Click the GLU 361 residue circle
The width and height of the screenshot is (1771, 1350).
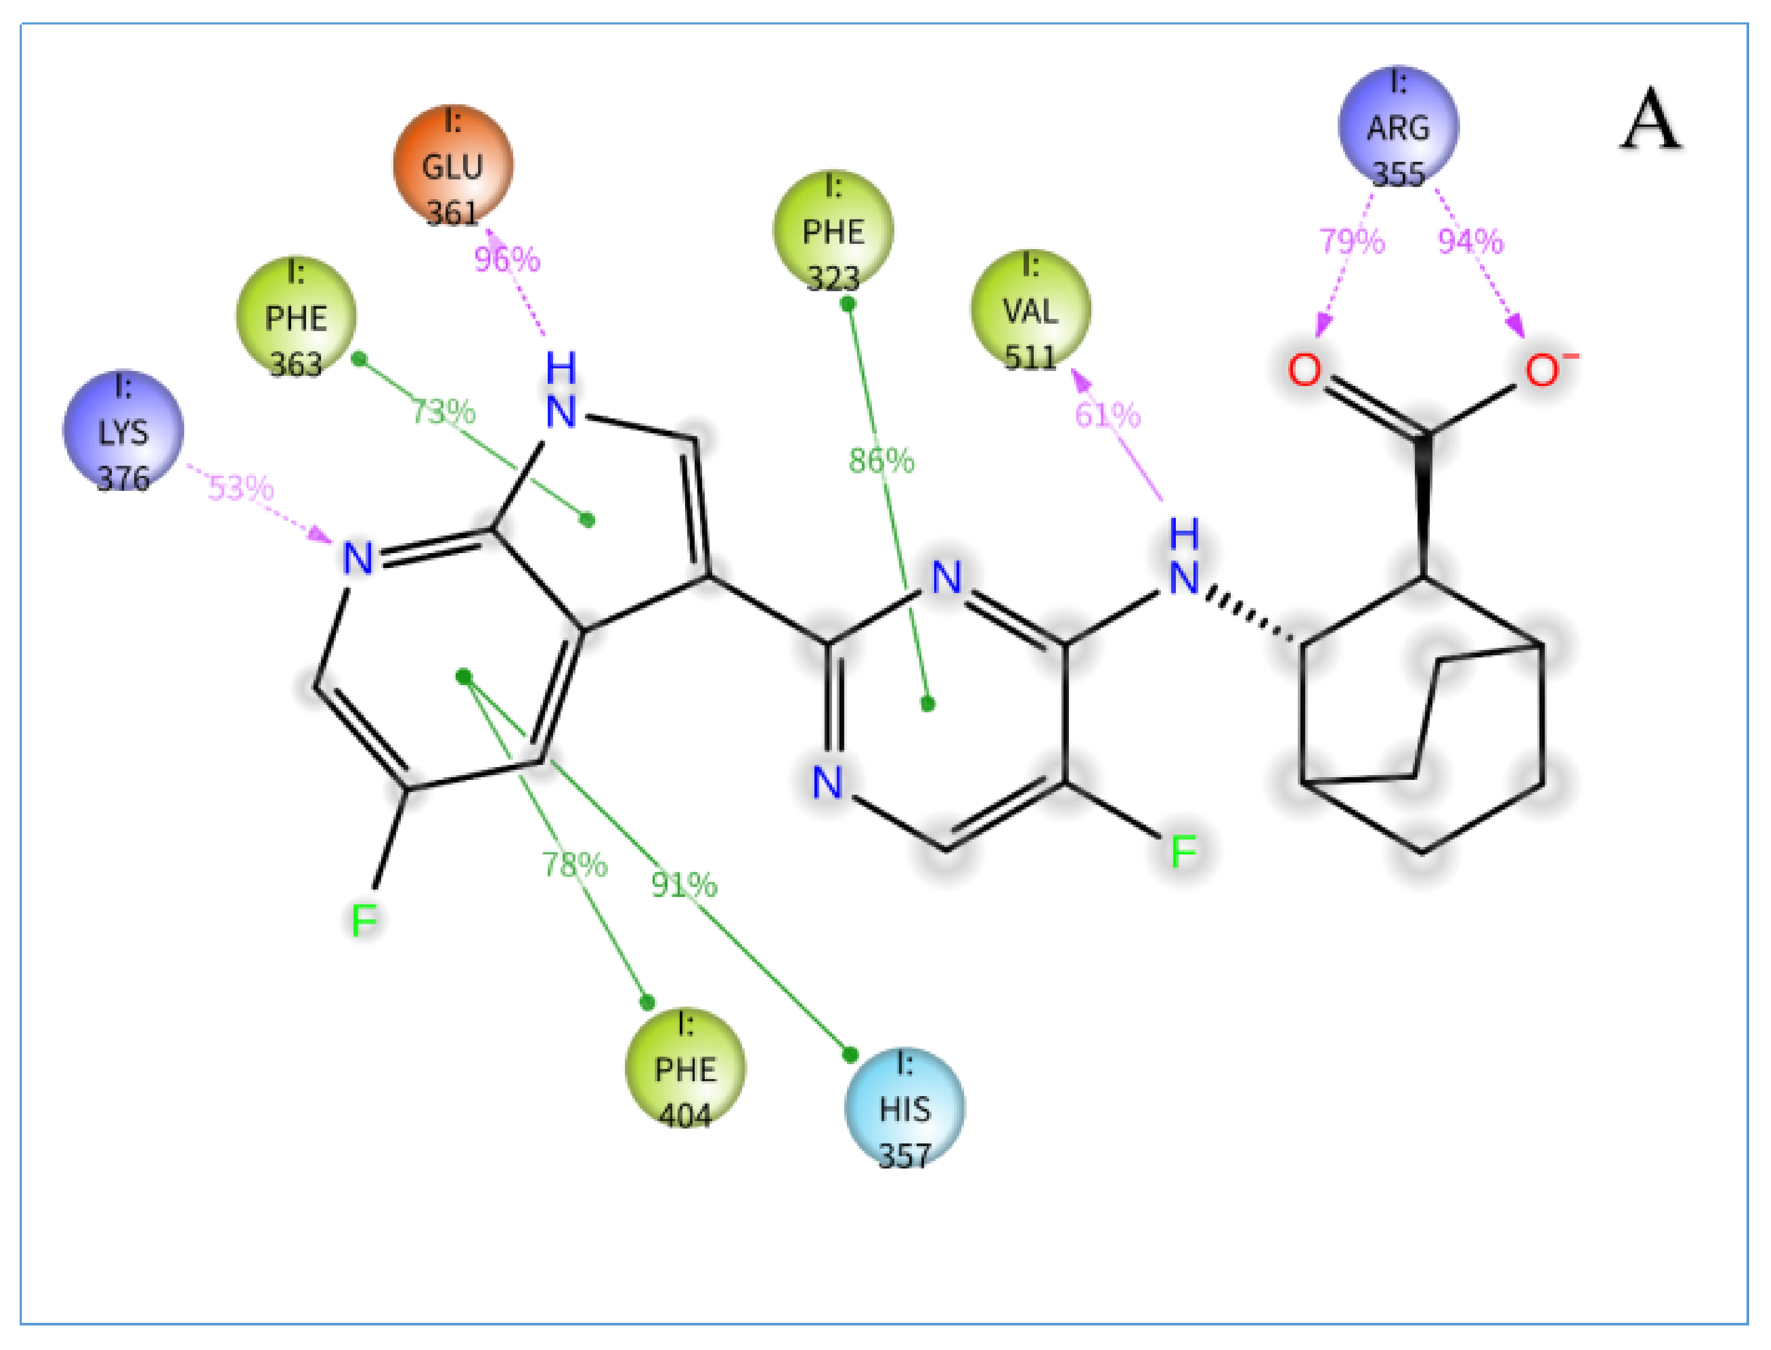tap(452, 166)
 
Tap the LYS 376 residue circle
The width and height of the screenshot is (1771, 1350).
tap(123, 432)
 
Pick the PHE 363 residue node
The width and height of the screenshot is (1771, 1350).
tap(296, 317)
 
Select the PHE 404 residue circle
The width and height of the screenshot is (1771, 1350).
tap(685, 1069)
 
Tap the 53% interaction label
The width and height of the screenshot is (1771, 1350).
tap(241, 488)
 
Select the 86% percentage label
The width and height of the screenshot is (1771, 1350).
tap(882, 460)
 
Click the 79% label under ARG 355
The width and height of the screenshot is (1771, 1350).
tap(1353, 241)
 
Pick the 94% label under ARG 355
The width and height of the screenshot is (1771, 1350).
tap(1470, 241)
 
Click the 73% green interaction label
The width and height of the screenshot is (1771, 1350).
tap(443, 411)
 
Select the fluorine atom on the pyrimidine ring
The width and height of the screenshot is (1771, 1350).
tap(1183, 851)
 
